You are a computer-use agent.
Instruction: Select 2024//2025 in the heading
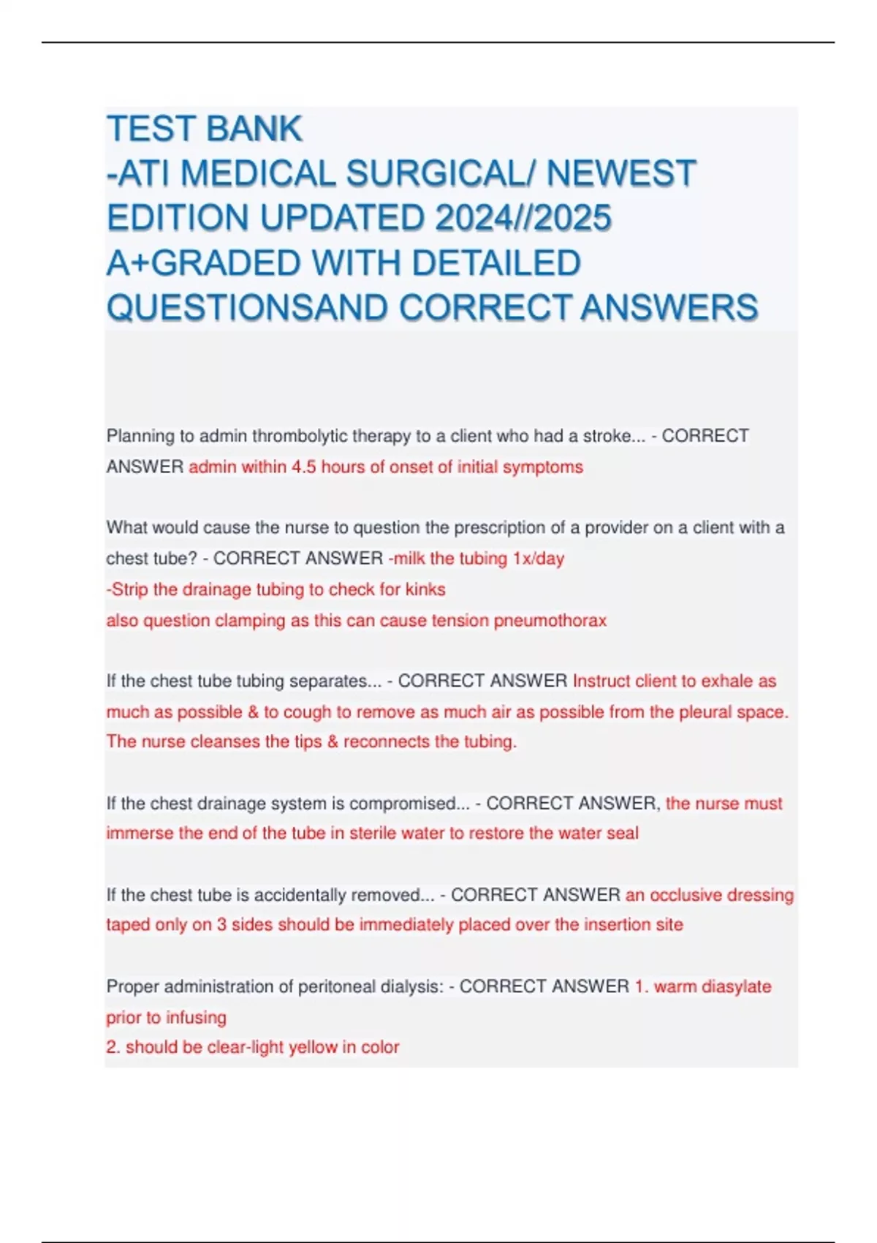(x=523, y=219)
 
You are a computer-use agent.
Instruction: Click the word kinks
(x=425, y=589)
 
